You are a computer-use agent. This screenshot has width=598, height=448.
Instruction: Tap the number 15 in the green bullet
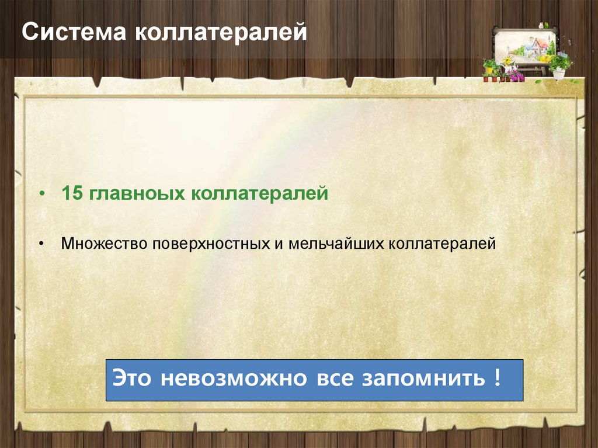(72, 193)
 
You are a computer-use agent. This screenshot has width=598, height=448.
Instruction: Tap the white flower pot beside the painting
(559, 74)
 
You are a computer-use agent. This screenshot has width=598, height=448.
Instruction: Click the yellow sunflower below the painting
(507, 61)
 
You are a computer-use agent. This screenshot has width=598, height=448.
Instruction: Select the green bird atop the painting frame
(543, 26)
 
